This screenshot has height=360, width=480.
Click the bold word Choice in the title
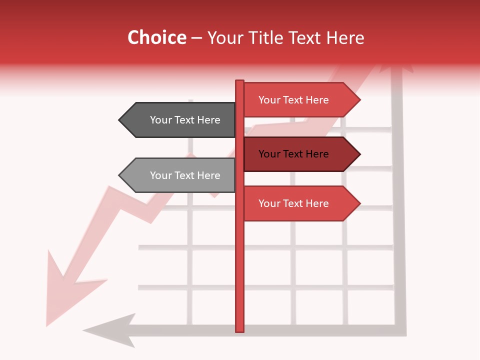click(x=156, y=37)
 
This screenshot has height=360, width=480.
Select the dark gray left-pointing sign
click(x=180, y=120)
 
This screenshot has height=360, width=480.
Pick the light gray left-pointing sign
click(x=180, y=175)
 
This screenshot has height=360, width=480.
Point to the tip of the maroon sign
click(x=359, y=154)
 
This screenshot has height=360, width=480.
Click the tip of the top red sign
click(x=359, y=100)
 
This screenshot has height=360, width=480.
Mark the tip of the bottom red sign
click(x=359, y=203)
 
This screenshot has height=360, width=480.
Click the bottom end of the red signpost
click(x=239, y=330)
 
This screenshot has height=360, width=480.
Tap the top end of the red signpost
click(x=239, y=81)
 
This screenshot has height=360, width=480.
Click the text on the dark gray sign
click(x=185, y=120)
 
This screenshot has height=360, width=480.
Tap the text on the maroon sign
click(x=293, y=154)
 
